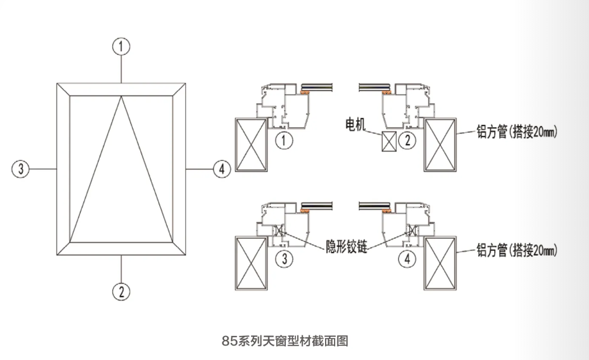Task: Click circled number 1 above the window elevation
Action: pyautogui.click(x=121, y=47)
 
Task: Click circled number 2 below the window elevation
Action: pyautogui.click(x=121, y=290)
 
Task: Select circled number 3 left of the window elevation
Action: pyautogui.click(x=21, y=168)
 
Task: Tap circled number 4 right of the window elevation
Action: pyautogui.click(x=222, y=168)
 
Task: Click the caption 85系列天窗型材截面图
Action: pyautogui.click(x=286, y=340)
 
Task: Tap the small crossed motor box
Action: pyautogui.click(x=388, y=141)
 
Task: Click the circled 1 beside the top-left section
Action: pyautogui.click(x=286, y=141)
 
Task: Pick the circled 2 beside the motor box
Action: pyautogui.click(x=407, y=141)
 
